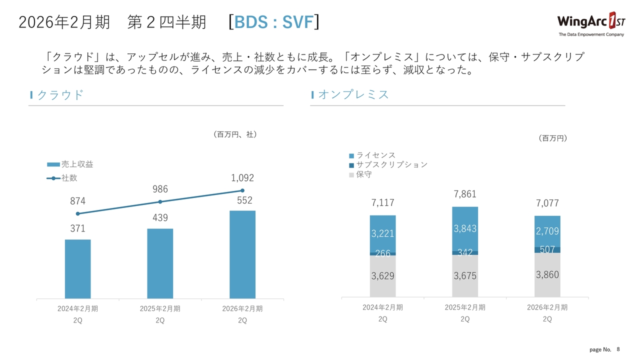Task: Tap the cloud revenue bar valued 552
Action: (x=242, y=254)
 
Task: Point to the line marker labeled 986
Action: (x=160, y=202)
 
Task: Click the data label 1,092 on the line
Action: (x=242, y=178)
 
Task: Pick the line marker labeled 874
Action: (x=77, y=213)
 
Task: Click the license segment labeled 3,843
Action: (x=465, y=228)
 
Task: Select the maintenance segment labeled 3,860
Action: (x=547, y=274)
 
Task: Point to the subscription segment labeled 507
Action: (x=547, y=249)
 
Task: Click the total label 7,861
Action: (x=465, y=194)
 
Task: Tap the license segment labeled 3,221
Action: (x=382, y=233)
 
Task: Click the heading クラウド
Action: (x=60, y=95)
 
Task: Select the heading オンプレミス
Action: (x=353, y=95)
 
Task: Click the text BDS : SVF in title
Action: (x=273, y=22)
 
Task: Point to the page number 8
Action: (x=618, y=349)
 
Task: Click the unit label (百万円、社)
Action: (x=234, y=134)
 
